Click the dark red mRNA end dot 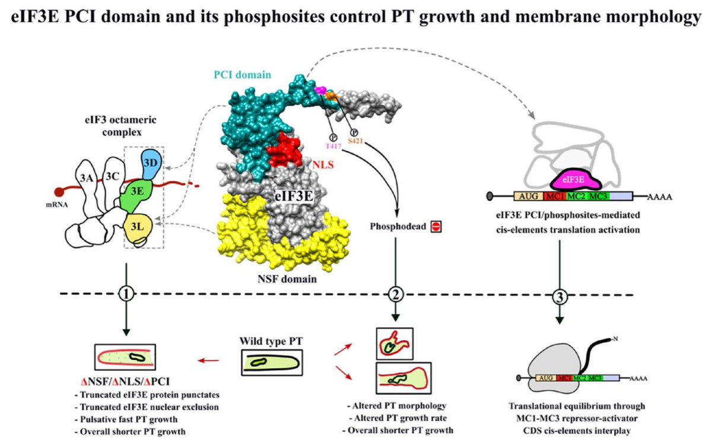59,192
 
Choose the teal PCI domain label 242,75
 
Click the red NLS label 323,165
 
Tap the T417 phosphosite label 333,146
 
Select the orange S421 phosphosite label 355,141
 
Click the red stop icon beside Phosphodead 436,226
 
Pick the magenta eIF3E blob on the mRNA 576,180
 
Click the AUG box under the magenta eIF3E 528,197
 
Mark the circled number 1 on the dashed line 126,295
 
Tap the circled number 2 396,295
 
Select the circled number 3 560,297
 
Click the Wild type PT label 271,341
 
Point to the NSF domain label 287,279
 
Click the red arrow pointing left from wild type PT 208,360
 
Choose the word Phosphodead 398,226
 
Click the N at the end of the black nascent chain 615,339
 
